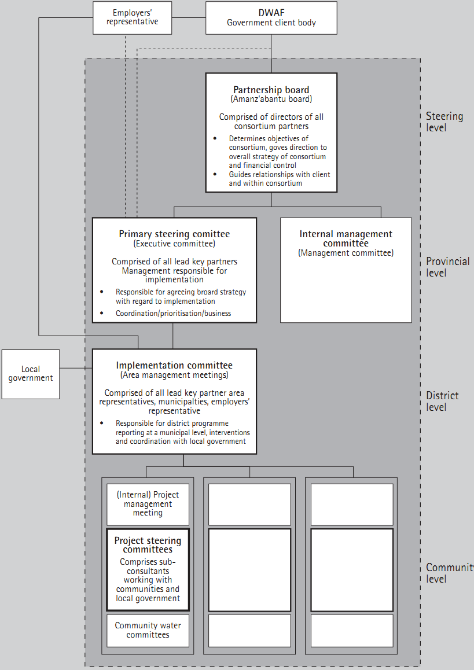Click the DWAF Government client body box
(x=271, y=17)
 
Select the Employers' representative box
(x=132, y=17)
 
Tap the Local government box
(x=31, y=374)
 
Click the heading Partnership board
(x=271, y=90)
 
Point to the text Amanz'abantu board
(x=271, y=99)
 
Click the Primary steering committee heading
(x=174, y=234)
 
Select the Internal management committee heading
(x=346, y=238)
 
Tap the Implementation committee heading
(x=174, y=365)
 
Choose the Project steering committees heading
(x=148, y=544)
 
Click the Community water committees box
(x=148, y=630)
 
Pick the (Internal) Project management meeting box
(x=148, y=504)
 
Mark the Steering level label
(x=444, y=122)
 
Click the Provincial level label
(x=447, y=267)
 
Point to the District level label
(x=442, y=401)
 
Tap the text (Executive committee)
(x=174, y=244)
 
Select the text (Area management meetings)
(x=174, y=375)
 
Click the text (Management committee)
(x=346, y=253)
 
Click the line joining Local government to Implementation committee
(x=76, y=368)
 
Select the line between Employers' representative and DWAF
(x=189, y=17)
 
